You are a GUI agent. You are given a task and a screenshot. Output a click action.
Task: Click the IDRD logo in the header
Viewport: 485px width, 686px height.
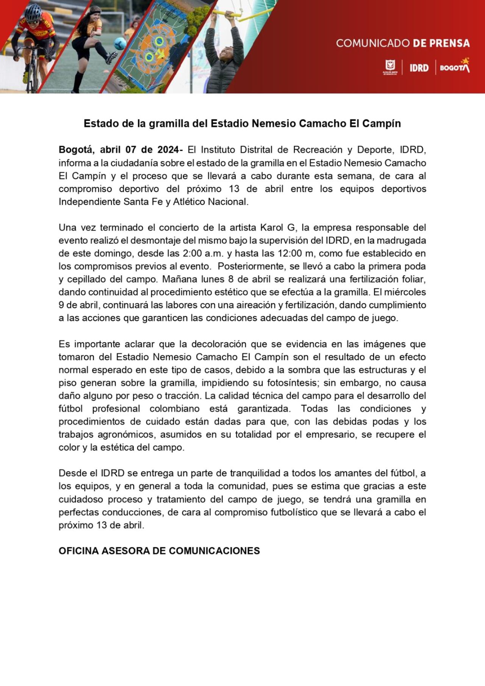[419, 68]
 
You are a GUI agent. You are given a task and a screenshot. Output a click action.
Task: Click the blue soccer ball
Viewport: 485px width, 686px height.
[120, 43]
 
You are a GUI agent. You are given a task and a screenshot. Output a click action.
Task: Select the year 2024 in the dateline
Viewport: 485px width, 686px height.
[169, 150]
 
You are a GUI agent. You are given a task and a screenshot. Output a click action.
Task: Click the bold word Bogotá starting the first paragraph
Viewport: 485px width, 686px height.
[75, 150]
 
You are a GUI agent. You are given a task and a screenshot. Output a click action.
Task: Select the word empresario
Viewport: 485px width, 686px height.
[331, 435]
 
